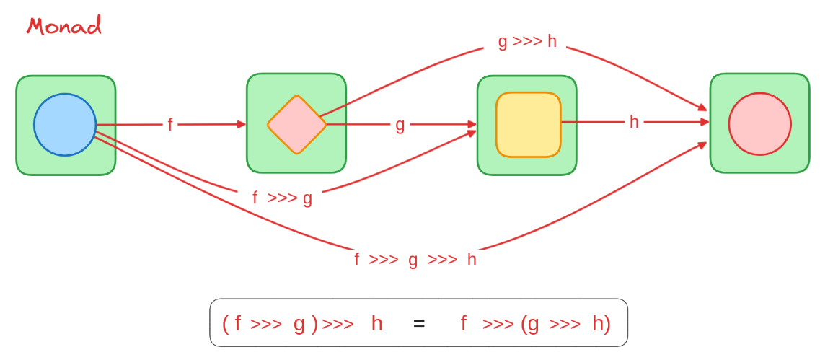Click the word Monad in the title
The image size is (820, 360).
pos(63,26)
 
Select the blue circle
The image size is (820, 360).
pos(65,125)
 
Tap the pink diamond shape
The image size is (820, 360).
pos(296,125)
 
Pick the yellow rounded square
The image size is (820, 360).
pos(528,124)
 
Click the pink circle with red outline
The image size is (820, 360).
pos(759,123)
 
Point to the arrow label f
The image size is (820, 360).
pos(170,125)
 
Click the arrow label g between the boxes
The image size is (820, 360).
pos(400,125)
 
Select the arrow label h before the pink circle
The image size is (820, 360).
pos(634,122)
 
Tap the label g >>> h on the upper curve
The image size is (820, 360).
pos(527,41)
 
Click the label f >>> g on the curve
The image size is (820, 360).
pos(282,198)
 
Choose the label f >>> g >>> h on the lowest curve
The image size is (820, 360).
pos(415,260)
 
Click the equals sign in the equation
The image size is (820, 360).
pos(419,323)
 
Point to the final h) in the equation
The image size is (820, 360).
pos(601,323)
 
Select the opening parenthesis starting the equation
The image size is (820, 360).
pos(226,324)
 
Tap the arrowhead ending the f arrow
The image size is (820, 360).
pos(242,124)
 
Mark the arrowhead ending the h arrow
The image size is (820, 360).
pos(705,122)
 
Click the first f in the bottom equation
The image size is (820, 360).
pos(238,323)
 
